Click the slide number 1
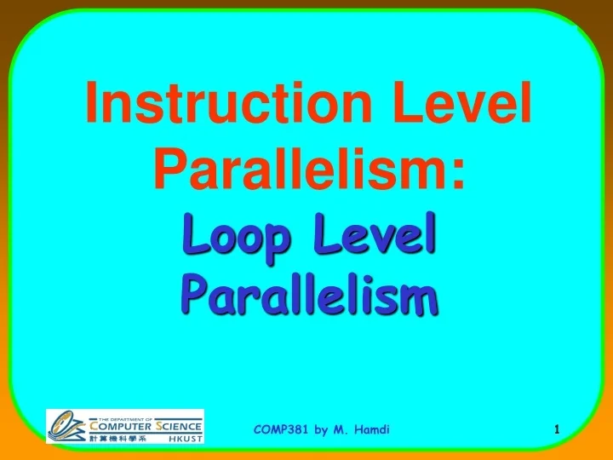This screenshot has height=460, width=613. click(556, 430)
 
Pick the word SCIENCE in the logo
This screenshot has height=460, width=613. click(177, 426)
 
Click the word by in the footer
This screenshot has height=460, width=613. click(321, 430)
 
